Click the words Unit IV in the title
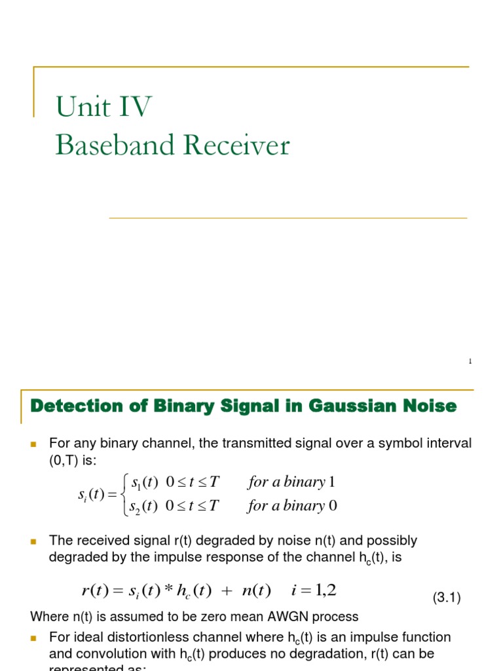[x=104, y=107]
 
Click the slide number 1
[x=470, y=362]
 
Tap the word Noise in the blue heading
[x=431, y=406]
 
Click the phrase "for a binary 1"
[x=291, y=483]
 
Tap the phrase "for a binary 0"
[x=292, y=506]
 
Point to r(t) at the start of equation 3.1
[x=94, y=591]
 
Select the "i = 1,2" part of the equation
[x=313, y=591]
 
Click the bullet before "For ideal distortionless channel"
[x=35, y=638]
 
